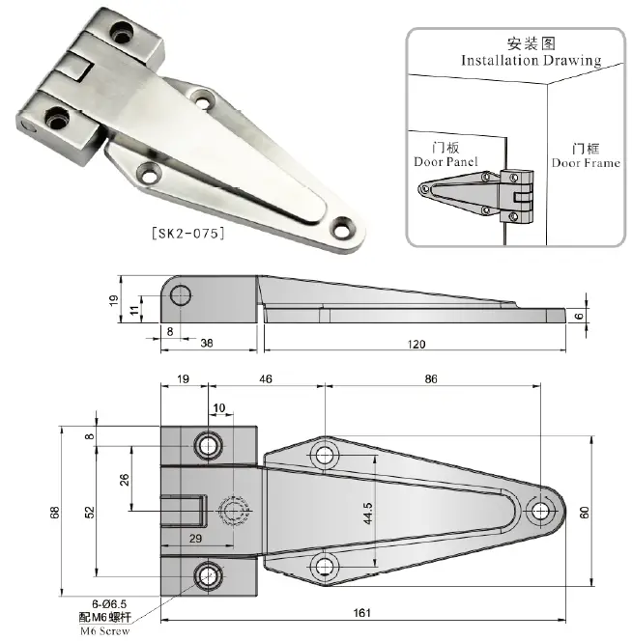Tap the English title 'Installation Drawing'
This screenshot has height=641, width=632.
[531, 60]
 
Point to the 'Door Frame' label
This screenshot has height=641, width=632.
[586, 162]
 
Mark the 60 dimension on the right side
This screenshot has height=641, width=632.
[584, 513]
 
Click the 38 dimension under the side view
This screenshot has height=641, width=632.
[207, 343]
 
